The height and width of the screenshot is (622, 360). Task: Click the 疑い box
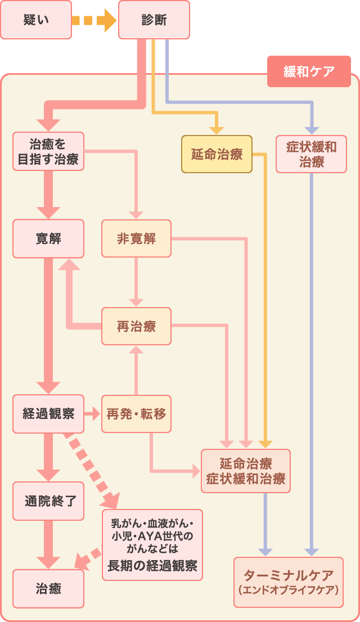pos(36,20)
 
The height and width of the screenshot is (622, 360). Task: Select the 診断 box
pos(153,20)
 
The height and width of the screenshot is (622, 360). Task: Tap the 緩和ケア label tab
pos(309,71)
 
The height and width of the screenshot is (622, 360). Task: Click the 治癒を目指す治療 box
pos(48,151)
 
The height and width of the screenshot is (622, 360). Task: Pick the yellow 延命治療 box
pos(217,154)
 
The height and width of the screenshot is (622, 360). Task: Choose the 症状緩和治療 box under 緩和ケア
pos(311,154)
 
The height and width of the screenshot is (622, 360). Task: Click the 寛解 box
pos(48,238)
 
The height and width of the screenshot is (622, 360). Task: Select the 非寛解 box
pos(136,238)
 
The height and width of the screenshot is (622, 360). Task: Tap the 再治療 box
pos(136,326)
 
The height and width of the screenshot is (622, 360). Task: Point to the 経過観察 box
pos(48,414)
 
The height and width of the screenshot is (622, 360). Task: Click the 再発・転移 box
pos(136,414)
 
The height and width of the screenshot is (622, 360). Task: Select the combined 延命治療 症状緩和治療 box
pos(246,471)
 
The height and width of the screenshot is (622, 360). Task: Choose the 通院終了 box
pos(48,501)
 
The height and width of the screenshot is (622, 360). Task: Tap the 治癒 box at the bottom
pos(48,589)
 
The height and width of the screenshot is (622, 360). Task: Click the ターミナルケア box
pos(288,582)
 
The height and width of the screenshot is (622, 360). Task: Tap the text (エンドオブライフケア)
pos(288,591)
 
